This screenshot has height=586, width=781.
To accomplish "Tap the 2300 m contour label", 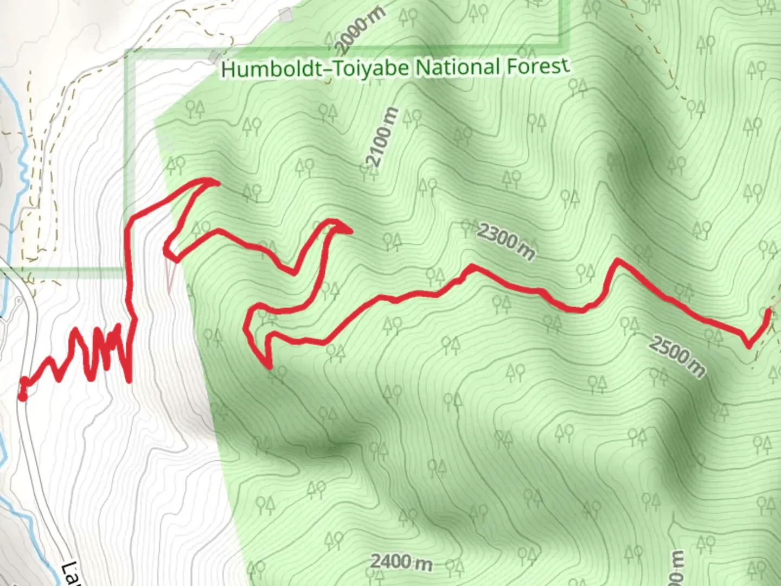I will (x=506, y=240).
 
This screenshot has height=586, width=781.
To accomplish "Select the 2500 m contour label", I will (x=677, y=355).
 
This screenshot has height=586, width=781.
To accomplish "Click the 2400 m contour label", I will (x=401, y=562).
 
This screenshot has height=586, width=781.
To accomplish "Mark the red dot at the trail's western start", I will (x=22, y=397).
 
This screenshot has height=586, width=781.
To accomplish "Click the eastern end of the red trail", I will (x=768, y=311).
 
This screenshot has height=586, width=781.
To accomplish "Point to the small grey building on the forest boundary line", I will (x=215, y=56).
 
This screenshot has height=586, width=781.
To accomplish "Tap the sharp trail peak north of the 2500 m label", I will (x=617, y=261).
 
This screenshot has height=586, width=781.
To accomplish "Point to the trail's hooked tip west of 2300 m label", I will (x=350, y=231).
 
